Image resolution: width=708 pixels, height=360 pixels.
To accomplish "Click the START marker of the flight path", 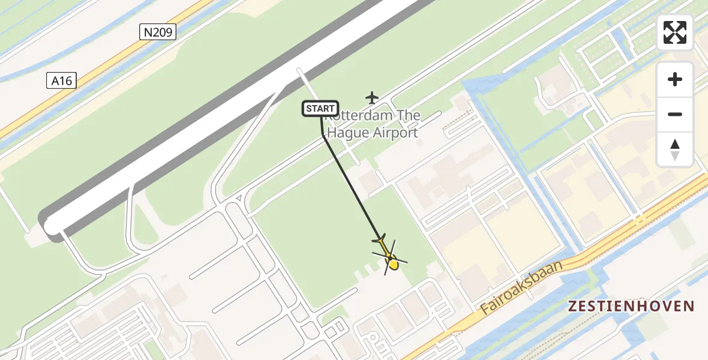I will tap(320, 109).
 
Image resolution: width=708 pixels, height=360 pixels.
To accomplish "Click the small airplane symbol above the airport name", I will tap(373, 97).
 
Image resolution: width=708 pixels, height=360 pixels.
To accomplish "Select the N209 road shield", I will tap(158, 32).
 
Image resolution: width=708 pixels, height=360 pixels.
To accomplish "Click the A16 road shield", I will tap(61, 80).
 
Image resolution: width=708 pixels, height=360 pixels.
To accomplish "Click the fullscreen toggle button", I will tap(674, 32).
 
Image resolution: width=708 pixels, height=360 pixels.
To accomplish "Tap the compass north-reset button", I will tap(674, 149).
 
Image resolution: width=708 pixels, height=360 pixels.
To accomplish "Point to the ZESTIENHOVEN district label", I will tap(631, 307).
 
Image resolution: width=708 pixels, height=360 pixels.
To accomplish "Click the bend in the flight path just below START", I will tap(324, 136).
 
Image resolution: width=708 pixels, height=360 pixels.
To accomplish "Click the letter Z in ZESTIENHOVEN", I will tap(573, 307).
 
